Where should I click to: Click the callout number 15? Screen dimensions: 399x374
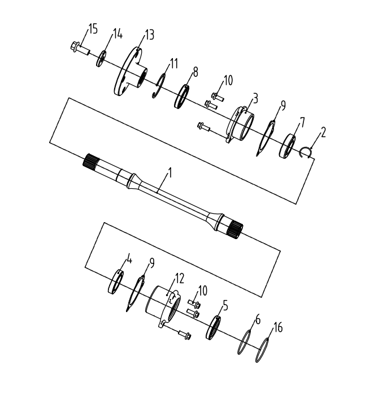92,29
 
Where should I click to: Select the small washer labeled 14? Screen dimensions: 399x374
102,58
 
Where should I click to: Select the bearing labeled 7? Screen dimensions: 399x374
290,146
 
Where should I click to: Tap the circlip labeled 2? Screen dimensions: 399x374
306,151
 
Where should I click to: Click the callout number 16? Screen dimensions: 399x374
277,327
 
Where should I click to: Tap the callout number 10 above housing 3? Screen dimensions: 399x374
227,81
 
